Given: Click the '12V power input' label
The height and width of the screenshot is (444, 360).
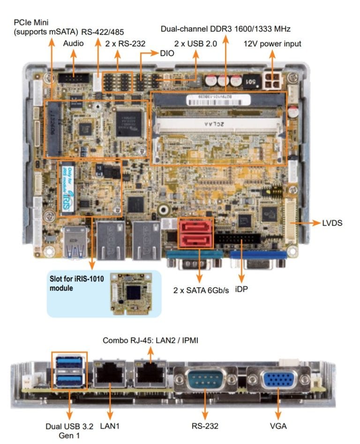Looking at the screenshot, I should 272,44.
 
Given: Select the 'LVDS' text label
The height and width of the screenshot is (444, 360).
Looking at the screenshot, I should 332,223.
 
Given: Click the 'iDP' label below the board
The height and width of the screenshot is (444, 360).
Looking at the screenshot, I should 241,289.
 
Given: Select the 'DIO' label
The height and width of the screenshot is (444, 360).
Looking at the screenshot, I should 166,53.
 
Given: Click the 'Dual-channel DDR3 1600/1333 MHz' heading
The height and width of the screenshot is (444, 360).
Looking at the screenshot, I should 225,29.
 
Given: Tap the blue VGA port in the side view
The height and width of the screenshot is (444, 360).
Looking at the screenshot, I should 278,380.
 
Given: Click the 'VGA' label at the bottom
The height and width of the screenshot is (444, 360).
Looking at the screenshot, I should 278,426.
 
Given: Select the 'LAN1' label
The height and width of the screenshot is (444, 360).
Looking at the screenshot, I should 110,426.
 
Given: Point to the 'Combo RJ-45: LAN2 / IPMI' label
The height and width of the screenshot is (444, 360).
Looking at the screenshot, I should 150,340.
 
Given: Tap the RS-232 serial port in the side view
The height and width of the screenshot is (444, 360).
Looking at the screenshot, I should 205,380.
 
